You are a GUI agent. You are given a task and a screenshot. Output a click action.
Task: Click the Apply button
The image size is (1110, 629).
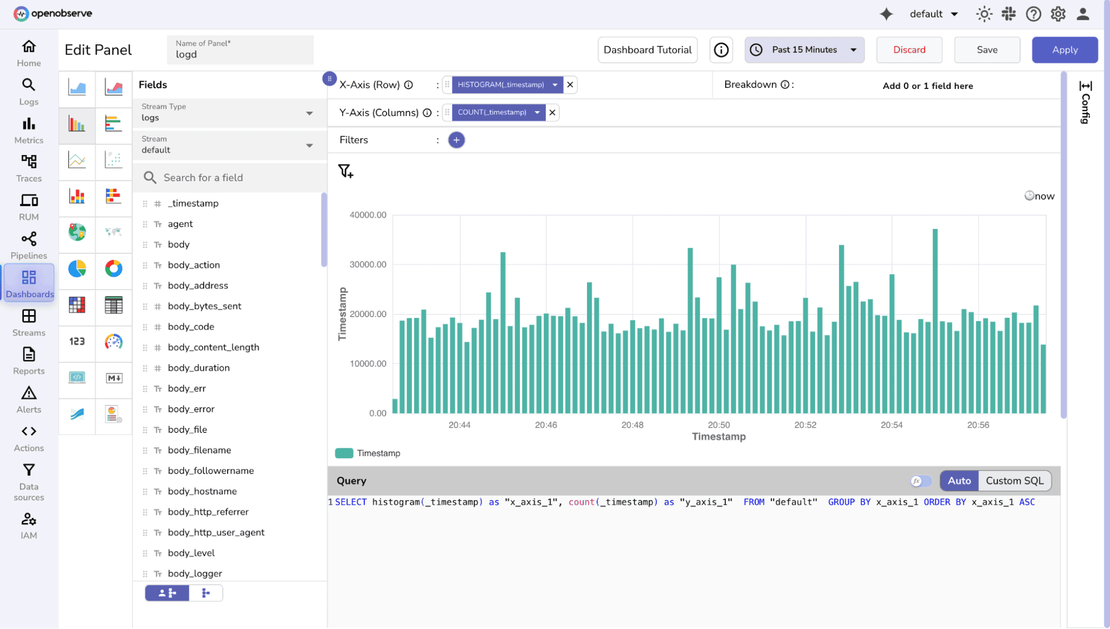pos(1064,50)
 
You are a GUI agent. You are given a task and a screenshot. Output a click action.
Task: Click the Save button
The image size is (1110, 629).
pos(987,50)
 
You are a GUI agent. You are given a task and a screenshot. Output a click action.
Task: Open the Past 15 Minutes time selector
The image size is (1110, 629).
pos(804,50)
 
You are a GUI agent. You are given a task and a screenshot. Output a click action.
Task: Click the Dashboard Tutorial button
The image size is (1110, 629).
pos(647,50)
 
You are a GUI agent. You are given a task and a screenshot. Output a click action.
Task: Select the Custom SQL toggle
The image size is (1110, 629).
pos(1014,481)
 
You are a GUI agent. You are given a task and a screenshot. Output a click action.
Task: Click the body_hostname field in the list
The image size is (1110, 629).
pos(202,491)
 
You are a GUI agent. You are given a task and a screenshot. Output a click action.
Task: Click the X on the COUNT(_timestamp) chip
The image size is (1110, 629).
pos(553,112)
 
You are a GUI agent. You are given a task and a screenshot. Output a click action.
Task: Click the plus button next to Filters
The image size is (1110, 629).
pos(456,140)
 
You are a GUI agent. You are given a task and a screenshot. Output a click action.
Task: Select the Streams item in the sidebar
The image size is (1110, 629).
pos(29,323)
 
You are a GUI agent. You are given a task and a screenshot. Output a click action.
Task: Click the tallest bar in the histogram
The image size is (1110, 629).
pos(935,322)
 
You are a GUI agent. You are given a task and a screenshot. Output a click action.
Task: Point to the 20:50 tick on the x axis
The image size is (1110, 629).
pos(719,425)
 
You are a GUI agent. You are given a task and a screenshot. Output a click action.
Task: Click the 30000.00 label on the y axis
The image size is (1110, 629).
pos(368,264)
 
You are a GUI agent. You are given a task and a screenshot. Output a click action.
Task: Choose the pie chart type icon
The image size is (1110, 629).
pos(77,269)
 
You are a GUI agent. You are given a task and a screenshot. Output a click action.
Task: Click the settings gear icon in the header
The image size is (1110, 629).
pos(1058,14)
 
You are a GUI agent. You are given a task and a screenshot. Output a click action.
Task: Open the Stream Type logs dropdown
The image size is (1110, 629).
pos(228,113)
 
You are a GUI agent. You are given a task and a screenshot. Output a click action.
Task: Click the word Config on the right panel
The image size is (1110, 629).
pos(1085,108)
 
